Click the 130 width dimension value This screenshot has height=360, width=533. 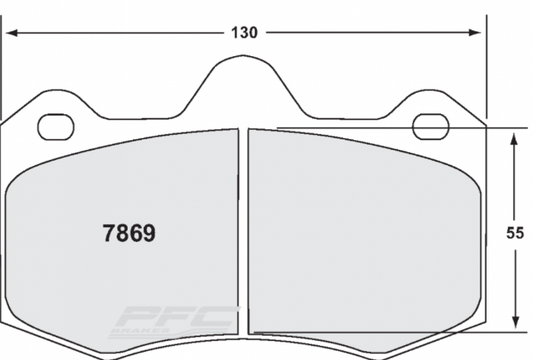tap(244, 32)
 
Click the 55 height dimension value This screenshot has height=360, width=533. tap(514, 233)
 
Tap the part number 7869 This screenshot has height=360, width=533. tap(130, 234)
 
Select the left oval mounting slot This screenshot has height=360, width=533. tap(56, 127)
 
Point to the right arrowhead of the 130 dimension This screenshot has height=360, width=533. tap(478, 32)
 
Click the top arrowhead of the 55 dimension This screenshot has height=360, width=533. tap(514, 135)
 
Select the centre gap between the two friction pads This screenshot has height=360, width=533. tap(241, 230)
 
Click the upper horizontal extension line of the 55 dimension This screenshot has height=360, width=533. tap(500, 128)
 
